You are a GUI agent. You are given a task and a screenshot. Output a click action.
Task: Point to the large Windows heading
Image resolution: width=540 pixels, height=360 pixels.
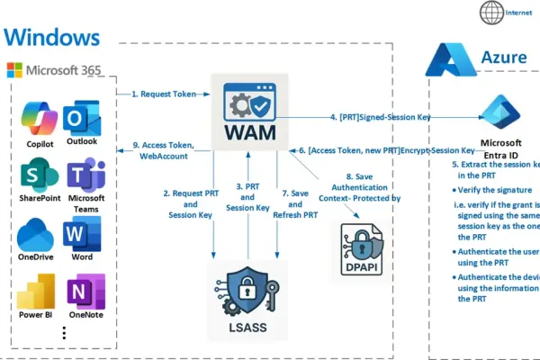51,37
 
